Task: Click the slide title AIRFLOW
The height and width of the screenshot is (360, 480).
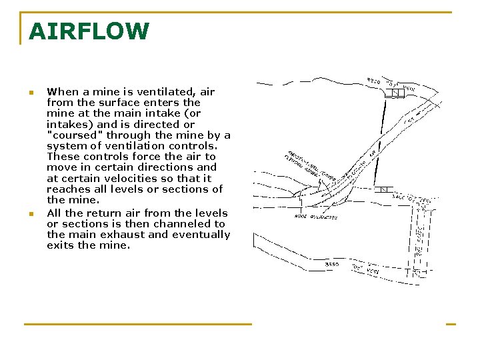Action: click(x=89, y=31)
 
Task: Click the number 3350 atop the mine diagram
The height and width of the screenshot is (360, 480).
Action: click(x=373, y=81)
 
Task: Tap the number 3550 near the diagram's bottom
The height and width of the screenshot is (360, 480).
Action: click(x=331, y=264)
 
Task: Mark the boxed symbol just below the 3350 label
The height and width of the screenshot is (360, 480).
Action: click(x=395, y=93)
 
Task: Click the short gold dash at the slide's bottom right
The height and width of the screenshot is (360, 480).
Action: click(x=451, y=324)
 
